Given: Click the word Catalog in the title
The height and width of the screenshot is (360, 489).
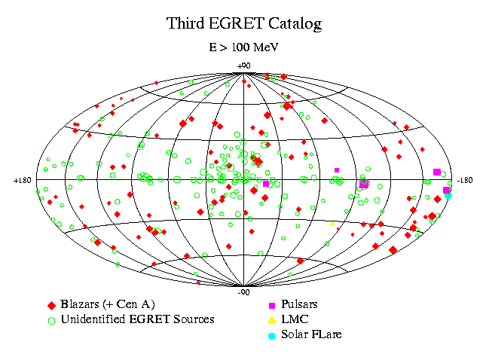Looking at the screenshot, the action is click(x=295, y=24).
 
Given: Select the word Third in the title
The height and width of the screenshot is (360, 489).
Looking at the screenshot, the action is click(x=185, y=23).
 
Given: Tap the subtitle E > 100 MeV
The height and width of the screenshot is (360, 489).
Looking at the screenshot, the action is click(x=243, y=47).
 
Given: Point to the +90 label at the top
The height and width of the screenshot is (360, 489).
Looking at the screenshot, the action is click(x=243, y=66).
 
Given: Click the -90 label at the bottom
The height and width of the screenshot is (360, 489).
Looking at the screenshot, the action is click(x=243, y=293).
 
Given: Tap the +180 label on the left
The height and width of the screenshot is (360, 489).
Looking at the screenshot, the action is click(x=23, y=181).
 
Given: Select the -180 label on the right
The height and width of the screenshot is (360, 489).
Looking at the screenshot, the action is click(x=465, y=181).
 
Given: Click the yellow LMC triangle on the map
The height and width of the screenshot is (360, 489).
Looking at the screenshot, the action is click(x=332, y=224).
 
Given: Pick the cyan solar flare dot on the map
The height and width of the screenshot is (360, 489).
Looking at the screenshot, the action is click(x=448, y=195).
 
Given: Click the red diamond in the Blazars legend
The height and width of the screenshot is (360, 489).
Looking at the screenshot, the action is click(x=51, y=306).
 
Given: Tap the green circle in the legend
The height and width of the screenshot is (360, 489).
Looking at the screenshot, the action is click(x=51, y=321).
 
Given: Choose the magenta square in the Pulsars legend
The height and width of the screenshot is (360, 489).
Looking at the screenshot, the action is click(x=272, y=306).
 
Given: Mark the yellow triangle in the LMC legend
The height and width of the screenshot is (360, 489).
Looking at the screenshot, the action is click(x=272, y=320).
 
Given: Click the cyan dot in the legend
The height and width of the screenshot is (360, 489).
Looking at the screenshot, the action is click(x=272, y=336).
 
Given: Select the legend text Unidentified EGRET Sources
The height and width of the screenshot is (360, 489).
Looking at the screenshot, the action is click(x=138, y=319).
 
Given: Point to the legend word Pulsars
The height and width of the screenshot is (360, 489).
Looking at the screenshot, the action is click(x=299, y=304).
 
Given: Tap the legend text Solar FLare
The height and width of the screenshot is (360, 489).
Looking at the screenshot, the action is click(x=311, y=334).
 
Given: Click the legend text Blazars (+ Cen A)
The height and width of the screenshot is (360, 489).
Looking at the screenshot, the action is click(x=108, y=304).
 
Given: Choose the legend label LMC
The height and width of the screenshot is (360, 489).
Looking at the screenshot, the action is click(x=295, y=319).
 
